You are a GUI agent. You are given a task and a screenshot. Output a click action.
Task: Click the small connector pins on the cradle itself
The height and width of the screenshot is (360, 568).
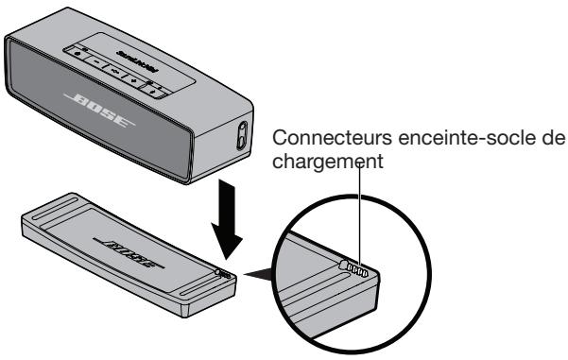coord(221,270)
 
